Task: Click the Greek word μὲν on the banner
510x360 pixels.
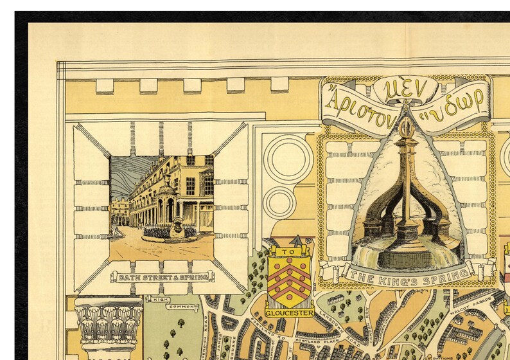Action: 405,91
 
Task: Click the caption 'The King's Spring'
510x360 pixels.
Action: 407,274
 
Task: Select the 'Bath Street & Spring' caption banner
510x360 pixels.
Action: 163,276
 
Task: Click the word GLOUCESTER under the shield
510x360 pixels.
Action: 289,312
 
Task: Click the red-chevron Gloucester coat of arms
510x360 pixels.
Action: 289,281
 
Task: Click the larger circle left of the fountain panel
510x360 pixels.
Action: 288,158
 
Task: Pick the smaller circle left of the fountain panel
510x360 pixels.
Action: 280,203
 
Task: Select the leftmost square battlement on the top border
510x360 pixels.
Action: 105,85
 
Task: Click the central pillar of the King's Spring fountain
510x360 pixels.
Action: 406,186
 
